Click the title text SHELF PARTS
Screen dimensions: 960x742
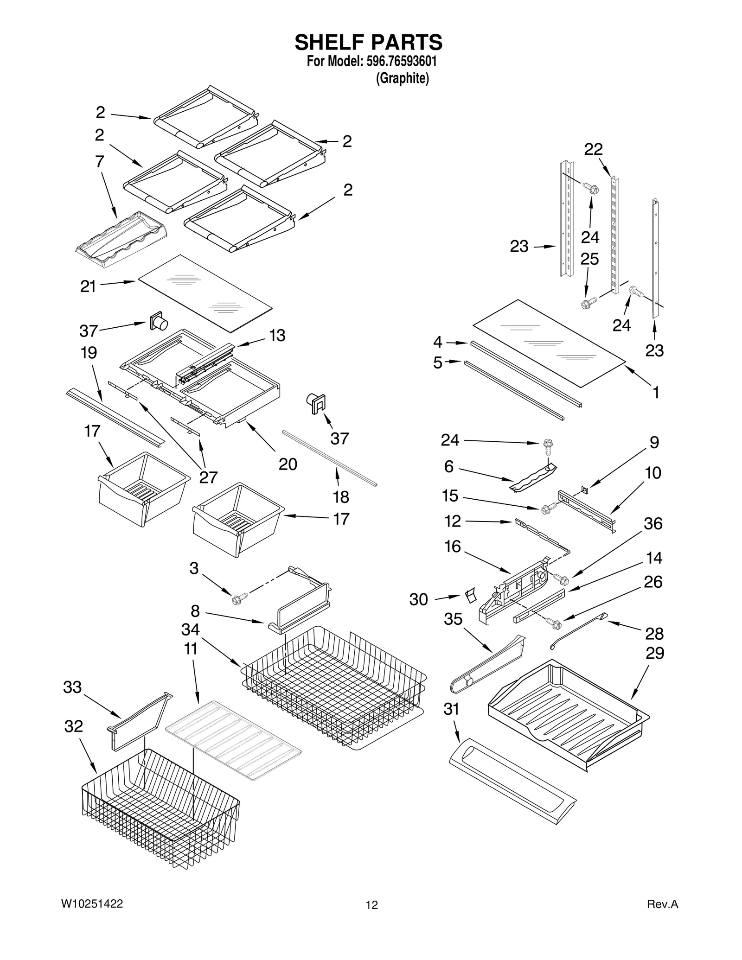pos(369,42)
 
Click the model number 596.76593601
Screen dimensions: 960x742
pos(397,61)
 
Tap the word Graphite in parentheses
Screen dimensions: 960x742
pos(402,78)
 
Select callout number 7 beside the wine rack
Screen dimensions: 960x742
pos(100,162)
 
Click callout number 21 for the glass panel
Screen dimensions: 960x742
pos(88,286)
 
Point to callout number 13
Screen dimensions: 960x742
pos(277,335)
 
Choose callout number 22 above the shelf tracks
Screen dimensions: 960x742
pos(593,149)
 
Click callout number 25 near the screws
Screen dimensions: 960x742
pos(589,259)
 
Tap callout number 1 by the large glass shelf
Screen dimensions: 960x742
pos(656,392)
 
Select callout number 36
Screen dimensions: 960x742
pos(653,523)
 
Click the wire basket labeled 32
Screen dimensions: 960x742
pos(160,816)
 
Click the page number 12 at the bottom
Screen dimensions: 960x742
pos(371,905)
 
